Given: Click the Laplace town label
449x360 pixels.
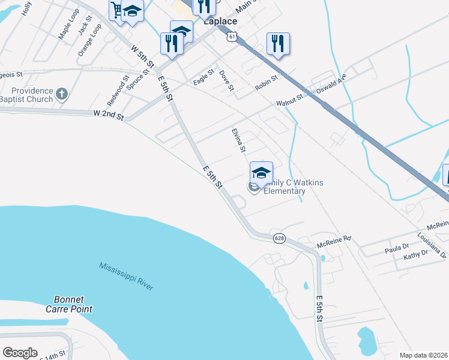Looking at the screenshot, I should coord(220,21).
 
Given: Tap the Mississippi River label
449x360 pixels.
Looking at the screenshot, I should coord(126,276).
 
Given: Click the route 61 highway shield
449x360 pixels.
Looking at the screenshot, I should coord(232,37).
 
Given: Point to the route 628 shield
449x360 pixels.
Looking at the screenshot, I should coord(279,238).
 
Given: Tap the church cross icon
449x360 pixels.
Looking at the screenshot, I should coord(61,93).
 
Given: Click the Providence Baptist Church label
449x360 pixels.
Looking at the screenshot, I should coord(26,95).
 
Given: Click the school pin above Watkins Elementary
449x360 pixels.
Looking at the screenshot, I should coord(261,173).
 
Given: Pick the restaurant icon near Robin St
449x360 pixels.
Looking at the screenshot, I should coord(278,43).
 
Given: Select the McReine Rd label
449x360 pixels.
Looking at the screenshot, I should coord(334,242).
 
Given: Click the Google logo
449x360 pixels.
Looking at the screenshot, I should coord(20,352).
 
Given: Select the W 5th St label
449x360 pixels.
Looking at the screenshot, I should coord(143,55).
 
